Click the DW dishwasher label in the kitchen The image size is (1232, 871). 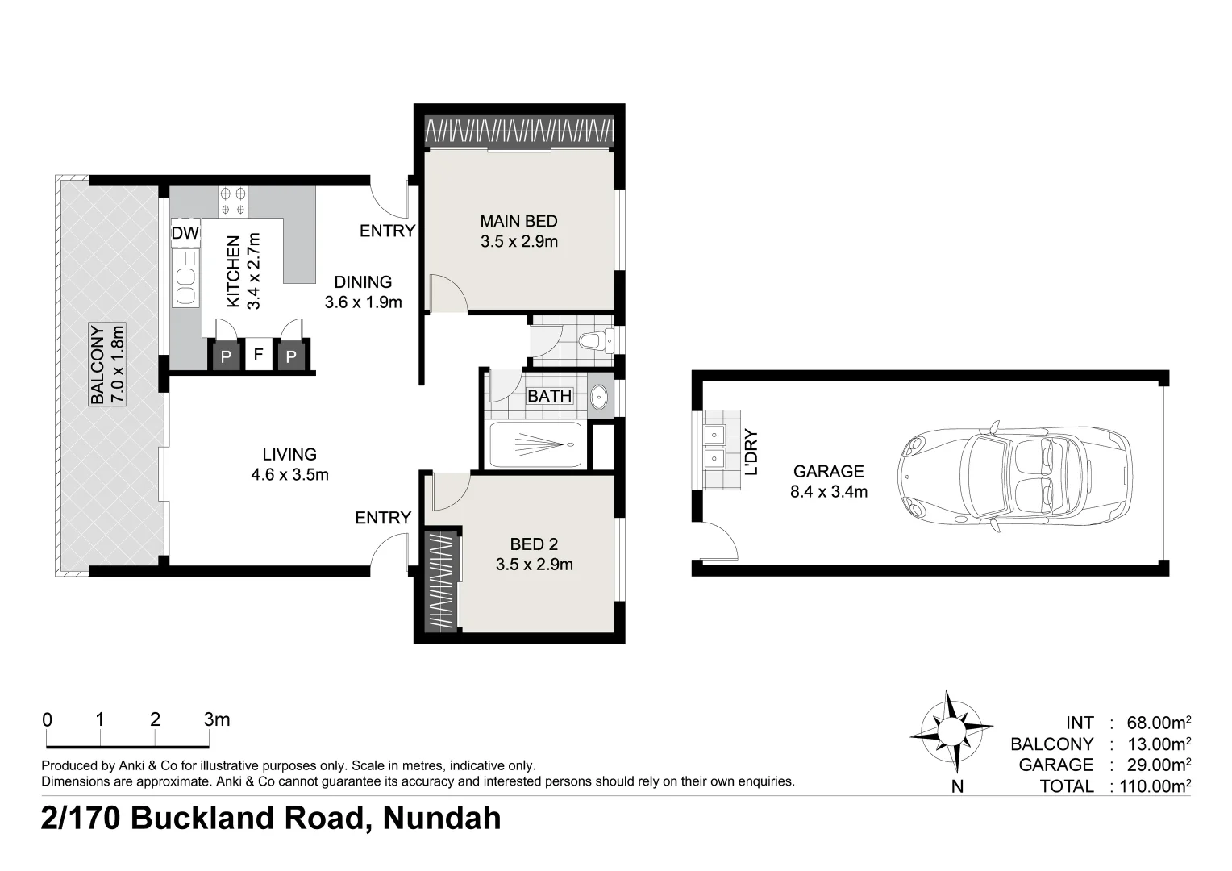pyautogui.click(x=185, y=233)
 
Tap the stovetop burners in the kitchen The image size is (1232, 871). pyautogui.click(x=233, y=202)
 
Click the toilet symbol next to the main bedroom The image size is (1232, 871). pyautogui.click(x=596, y=340)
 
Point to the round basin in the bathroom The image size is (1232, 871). pyautogui.click(x=600, y=397)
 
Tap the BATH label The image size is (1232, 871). pyautogui.click(x=549, y=396)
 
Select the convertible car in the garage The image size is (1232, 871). pyautogui.click(x=1016, y=476)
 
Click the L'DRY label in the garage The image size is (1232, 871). pyautogui.click(x=751, y=451)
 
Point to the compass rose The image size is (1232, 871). pyautogui.click(x=951, y=731)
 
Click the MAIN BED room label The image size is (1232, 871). pyautogui.click(x=518, y=221)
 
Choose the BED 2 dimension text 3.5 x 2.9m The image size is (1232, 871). pyautogui.click(x=534, y=565)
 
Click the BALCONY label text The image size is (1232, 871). pyautogui.click(x=98, y=365)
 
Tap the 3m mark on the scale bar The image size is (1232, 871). pyautogui.click(x=216, y=719)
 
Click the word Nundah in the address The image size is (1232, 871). pyautogui.click(x=441, y=818)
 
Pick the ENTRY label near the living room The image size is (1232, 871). pyautogui.click(x=383, y=518)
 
